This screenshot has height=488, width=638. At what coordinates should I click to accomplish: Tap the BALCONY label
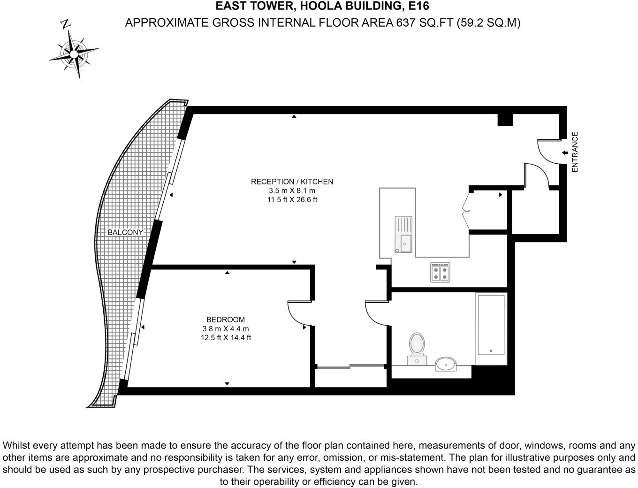125,232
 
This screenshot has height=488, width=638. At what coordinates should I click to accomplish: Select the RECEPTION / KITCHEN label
292,182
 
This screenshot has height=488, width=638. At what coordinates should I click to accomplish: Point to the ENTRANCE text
575,152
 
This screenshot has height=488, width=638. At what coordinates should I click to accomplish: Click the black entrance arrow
565,152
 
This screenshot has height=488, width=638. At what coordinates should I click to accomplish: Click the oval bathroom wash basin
445,364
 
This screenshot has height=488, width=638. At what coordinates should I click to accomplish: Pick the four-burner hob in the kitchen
440,272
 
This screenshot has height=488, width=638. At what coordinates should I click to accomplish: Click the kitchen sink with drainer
403,234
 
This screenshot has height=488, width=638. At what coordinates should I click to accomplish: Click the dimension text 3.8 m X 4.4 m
226,329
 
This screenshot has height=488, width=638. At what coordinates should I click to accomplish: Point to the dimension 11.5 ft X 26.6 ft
292,199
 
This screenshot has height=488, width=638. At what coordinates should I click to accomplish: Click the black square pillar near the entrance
505,120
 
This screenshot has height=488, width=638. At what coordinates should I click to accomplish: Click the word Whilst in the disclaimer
17,445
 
